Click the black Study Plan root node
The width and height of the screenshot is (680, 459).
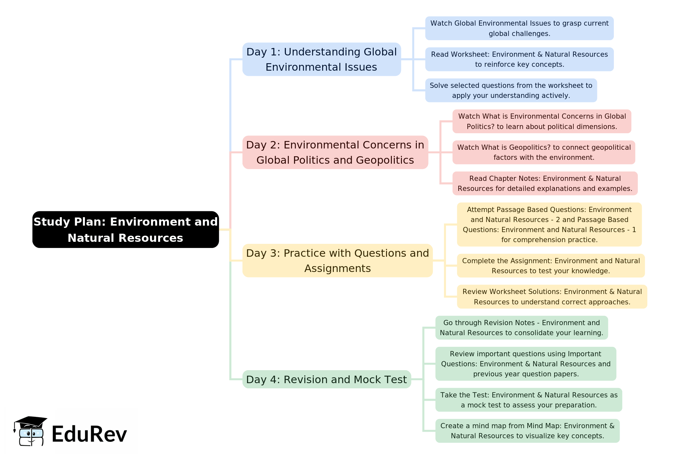click(125, 230)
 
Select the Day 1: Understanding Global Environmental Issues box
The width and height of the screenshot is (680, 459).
click(322, 59)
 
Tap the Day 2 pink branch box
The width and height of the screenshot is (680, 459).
click(335, 152)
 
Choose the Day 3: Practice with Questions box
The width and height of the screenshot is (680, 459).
click(337, 261)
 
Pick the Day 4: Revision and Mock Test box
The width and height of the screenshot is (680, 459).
click(326, 379)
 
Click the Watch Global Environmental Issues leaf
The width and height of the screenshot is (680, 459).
click(519, 28)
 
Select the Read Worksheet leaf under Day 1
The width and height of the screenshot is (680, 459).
click(519, 59)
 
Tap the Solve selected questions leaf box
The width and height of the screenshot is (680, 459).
click(511, 90)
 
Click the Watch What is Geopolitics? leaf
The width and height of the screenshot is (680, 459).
click(544, 152)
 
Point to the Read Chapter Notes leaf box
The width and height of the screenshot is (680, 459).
click(545, 183)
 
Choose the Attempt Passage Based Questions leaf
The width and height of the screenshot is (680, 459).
click(549, 225)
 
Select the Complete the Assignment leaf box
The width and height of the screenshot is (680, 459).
click(551, 266)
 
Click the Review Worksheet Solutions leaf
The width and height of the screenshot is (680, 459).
click(552, 297)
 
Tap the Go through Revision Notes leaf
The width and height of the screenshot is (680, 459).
click(522, 328)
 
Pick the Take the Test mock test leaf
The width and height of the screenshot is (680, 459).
click(529, 400)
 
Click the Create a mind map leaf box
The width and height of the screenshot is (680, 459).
click(527, 431)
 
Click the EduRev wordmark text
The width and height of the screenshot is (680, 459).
click(89, 434)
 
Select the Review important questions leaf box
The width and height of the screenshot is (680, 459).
click(526, 364)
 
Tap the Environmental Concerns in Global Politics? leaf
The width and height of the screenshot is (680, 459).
click(542, 121)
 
